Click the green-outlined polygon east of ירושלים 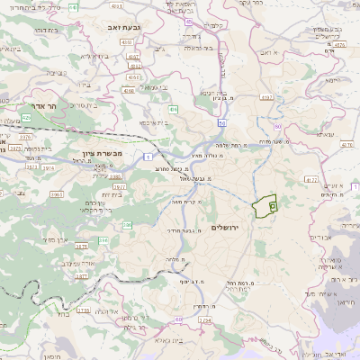[265, 207]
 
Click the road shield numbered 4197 [265, 96]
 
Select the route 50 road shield [221, 117]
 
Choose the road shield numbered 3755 [84, 310]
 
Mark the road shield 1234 [204, 319]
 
